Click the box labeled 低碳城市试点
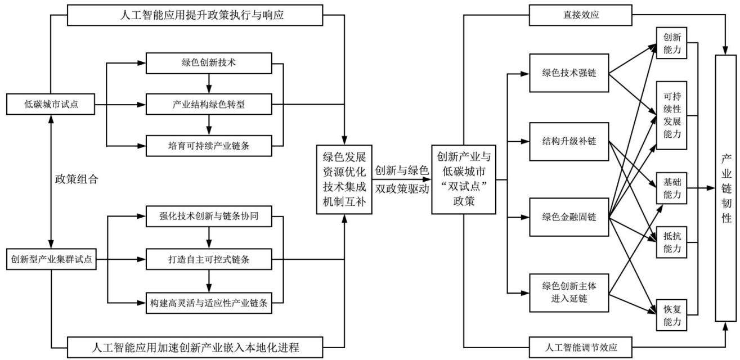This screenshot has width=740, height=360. coord(51,104)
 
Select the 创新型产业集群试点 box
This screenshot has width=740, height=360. coord(52,259)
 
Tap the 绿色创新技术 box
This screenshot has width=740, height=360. coord(209,63)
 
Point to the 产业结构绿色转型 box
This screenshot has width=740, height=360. coord(209,105)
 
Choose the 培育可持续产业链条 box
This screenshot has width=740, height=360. coord(209,146)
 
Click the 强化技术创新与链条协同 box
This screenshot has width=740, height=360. coord(209,217)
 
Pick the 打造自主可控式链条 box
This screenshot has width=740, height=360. coord(209,259)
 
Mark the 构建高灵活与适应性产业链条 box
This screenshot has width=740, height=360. coord(209,303)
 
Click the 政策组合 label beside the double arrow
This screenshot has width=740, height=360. coord(77,179)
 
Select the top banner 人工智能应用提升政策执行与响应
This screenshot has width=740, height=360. coord(195,15)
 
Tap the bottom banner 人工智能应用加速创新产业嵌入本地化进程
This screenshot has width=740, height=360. coord(195,348)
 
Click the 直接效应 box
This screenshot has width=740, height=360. coord(580,15)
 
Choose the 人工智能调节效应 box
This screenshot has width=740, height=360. coord(580,348)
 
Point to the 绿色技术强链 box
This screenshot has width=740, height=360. coord(569,73)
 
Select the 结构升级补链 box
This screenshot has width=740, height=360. coord(569,142)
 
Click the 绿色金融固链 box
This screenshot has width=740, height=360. coord(569,217)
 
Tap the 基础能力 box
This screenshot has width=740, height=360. coord(671,188)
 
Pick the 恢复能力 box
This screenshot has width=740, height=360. coord(671,315)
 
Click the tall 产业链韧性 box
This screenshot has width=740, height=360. coord(726,188)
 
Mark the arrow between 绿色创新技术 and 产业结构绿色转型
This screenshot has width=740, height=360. coord(209,84)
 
